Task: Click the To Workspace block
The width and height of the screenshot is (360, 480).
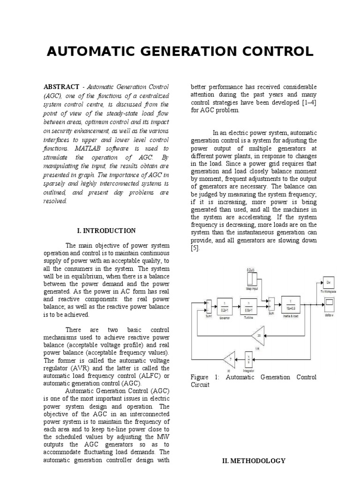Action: pyautogui.click(x=328, y=283)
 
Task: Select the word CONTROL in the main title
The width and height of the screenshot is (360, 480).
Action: pyautogui.click(x=277, y=52)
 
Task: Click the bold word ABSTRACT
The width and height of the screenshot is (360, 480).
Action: pyautogui.click(x=61, y=87)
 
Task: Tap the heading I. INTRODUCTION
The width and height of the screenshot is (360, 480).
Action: pyautogui.click(x=106, y=231)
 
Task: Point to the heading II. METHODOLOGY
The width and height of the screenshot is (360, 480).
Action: pyautogui.click(x=253, y=461)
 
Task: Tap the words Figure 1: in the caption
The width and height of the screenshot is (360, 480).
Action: pyautogui.click(x=203, y=377)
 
